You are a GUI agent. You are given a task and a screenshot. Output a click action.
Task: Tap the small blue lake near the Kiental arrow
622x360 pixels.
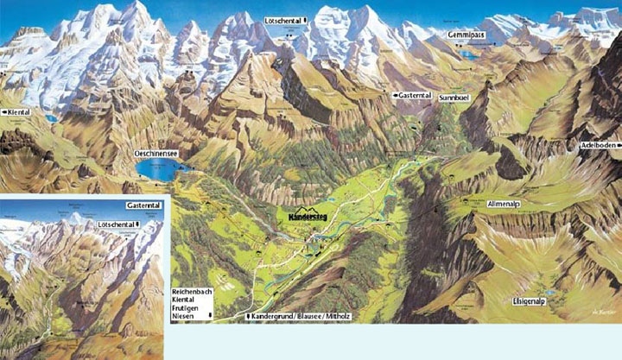(x=52, y=118)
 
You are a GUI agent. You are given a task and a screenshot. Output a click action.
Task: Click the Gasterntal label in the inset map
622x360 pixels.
(x=143, y=206)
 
